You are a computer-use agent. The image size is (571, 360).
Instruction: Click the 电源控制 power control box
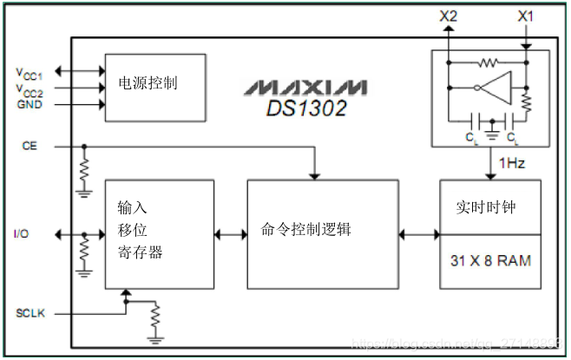click(x=155, y=82)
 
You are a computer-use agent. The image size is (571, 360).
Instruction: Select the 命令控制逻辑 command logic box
click(x=323, y=234)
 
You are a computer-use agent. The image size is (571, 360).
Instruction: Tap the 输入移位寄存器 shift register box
click(x=159, y=234)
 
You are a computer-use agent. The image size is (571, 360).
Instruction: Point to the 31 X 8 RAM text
click(x=490, y=260)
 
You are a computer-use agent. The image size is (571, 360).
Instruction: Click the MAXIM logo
click(x=305, y=88)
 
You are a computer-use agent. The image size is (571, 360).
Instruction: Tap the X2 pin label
click(x=449, y=16)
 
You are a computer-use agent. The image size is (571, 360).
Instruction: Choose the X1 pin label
click(x=526, y=16)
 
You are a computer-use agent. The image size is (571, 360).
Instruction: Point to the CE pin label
click(x=30, y=147)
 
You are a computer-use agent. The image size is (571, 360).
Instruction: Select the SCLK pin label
click(x=30, y=312)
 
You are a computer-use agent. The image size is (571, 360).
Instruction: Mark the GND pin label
click(x=30, y=104)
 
